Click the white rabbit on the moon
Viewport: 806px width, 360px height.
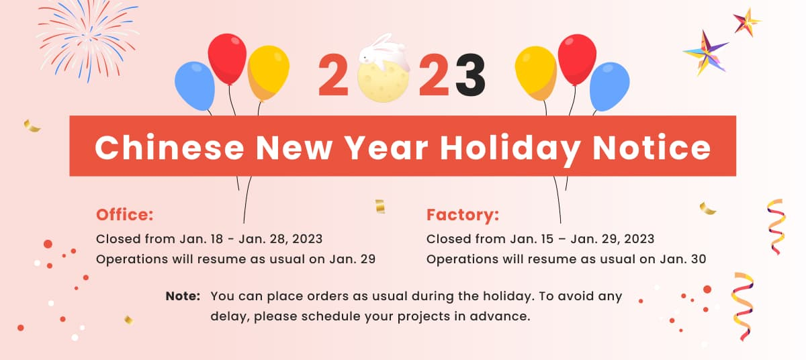pos(384,52)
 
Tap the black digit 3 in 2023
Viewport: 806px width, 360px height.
pos(471,75)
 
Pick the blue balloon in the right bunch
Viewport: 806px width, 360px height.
pos(610,87)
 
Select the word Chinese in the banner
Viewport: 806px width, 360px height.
pos(169,148)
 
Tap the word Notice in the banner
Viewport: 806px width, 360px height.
pos(652,148)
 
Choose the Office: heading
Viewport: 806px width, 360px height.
pos(125,215)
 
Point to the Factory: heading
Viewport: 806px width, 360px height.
pos(463,215)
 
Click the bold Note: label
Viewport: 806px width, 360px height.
pos(183,296)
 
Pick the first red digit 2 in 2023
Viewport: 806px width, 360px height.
pos(334,75)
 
